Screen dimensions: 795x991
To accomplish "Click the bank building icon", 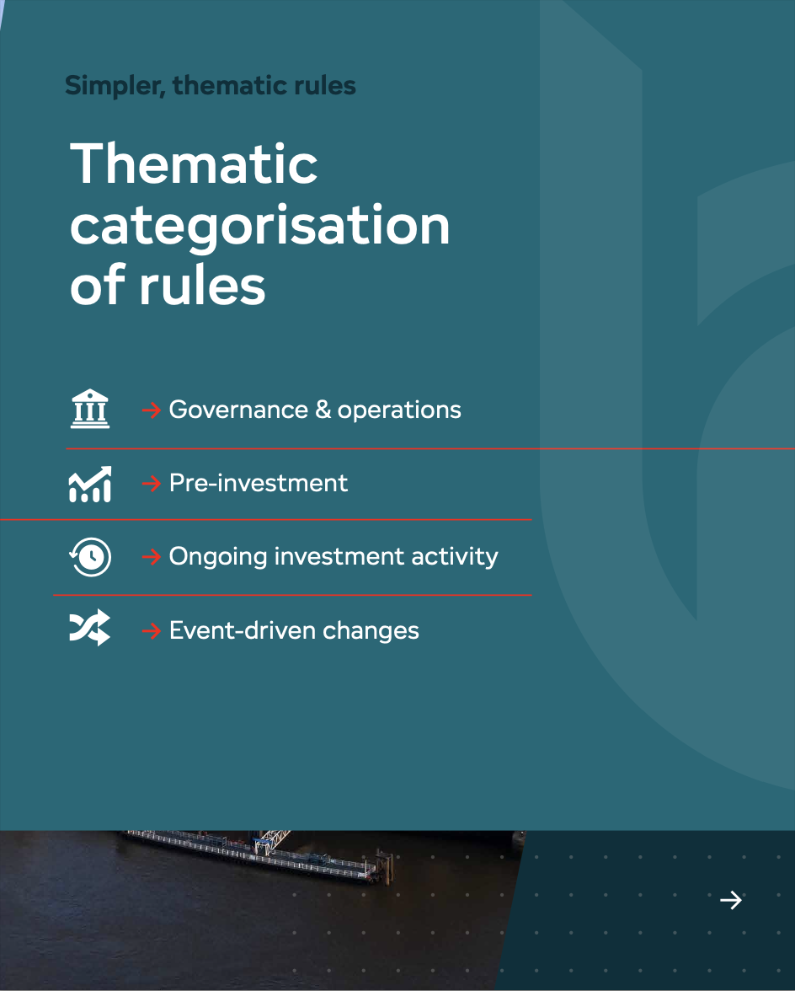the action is point(89,409).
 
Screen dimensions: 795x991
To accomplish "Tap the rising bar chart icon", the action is point(89,484).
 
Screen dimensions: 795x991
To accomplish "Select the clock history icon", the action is point(90,557).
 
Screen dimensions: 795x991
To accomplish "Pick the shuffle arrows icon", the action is point(89,628).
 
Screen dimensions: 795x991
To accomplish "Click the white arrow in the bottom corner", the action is point(731,900).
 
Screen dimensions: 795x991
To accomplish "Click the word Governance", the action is point(238,410).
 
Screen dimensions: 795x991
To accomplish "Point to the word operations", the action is point(399,411).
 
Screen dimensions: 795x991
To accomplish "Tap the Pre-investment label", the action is point(259,484).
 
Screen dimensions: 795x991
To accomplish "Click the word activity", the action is point(455,557).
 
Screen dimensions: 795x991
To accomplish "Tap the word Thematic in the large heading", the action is point(194,163).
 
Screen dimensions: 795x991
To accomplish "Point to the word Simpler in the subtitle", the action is point(115,86).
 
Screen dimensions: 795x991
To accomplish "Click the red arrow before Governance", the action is point(152,410).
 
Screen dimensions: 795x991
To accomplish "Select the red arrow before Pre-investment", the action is point(152,484).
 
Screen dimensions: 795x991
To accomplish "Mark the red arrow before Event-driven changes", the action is point(152,630).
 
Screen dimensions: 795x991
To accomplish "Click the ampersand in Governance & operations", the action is point(323,410).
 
